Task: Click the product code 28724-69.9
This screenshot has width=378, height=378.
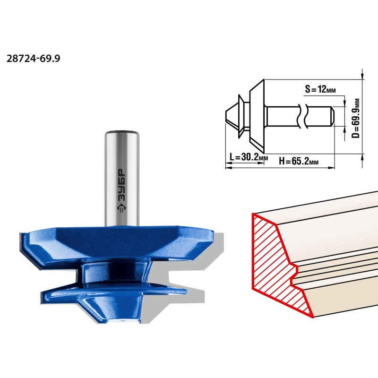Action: coord(33,59)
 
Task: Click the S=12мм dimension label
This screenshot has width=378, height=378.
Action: coord(320,89)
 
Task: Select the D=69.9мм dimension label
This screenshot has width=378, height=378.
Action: coord(355,118)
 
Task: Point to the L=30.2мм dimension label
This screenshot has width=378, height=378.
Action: coord(249,157)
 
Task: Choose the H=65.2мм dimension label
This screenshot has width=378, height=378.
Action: coord(299,161)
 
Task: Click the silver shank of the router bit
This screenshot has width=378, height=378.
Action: coord(122,179)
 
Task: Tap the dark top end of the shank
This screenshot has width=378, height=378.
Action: coord(122,132)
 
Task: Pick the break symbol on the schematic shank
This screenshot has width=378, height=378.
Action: coord(302,116)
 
